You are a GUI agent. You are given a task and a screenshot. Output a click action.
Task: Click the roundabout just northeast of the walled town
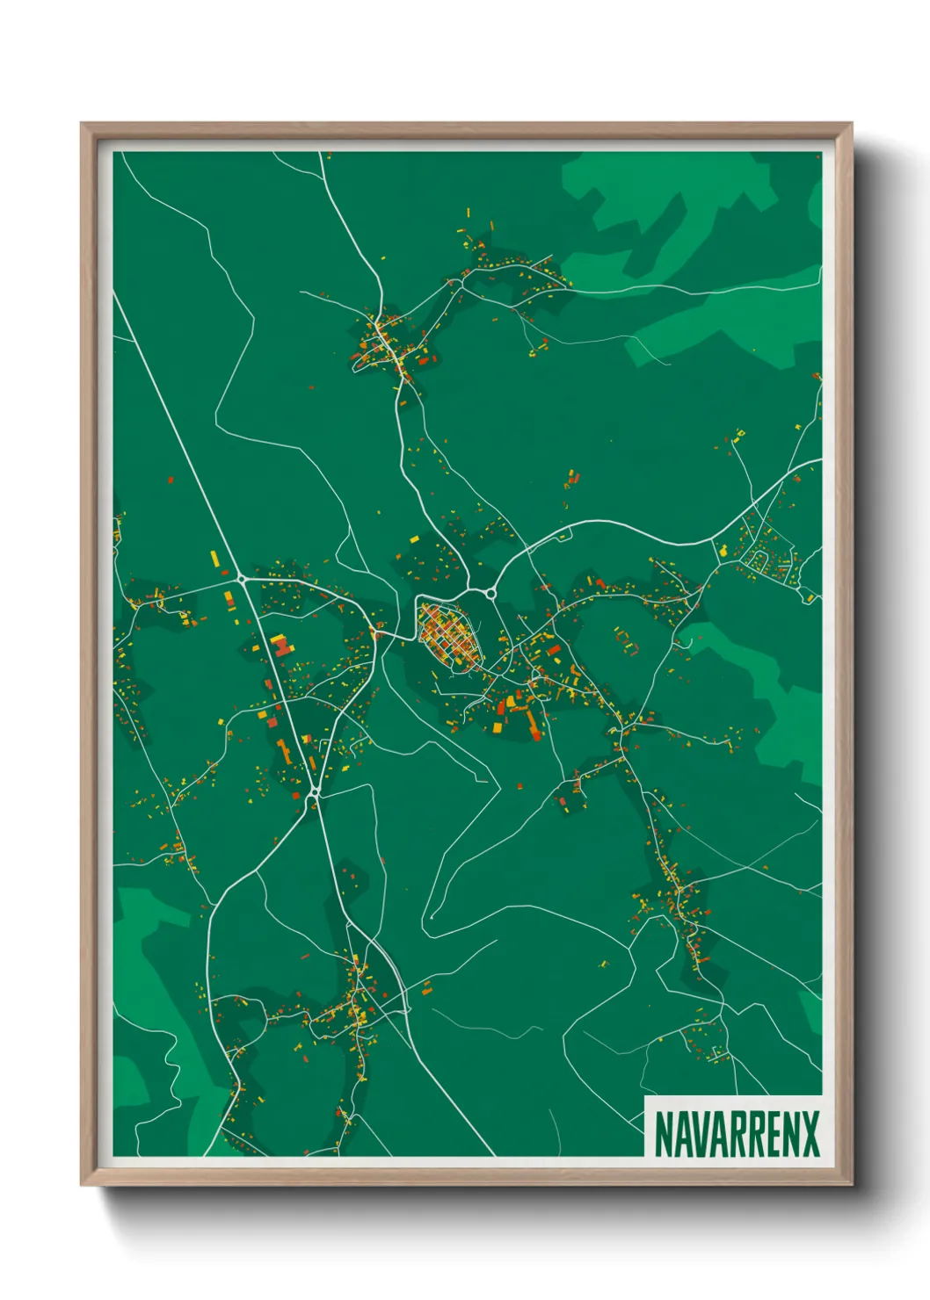point(490,594)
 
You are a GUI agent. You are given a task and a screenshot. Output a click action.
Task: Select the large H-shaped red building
point(280,646)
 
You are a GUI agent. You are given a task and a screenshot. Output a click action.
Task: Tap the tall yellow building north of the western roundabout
point(214,558)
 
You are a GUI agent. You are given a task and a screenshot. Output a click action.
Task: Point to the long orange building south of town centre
point(531,723)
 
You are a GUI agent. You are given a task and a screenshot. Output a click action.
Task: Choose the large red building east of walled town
point(555,651)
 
